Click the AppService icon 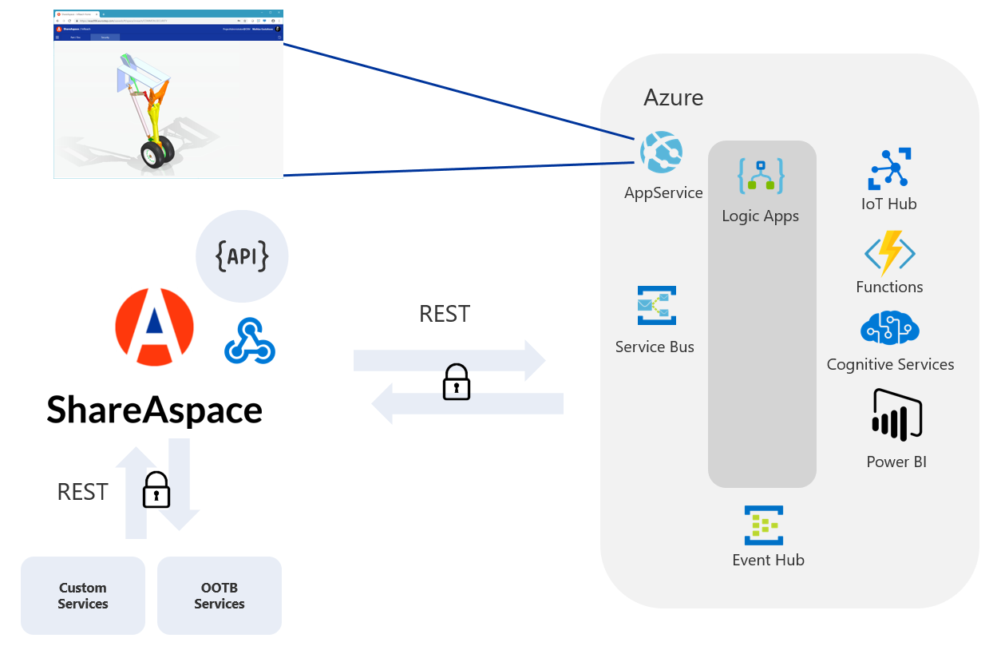click(662, 153)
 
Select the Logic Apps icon click(761, 176)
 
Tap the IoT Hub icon click(890, 168)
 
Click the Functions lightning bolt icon click(889, 253)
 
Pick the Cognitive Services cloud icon click(890, 328)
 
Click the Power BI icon click(897, 415)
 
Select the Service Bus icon click(656, 306)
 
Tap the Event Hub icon click(764, 525)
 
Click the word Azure click(674, 97)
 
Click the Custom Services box click(83, 596)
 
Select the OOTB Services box click(220, 596)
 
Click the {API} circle click(242, 256)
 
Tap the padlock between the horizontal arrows click(457, 382)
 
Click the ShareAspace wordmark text click(154, 410)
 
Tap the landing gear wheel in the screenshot click(152, 153)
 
